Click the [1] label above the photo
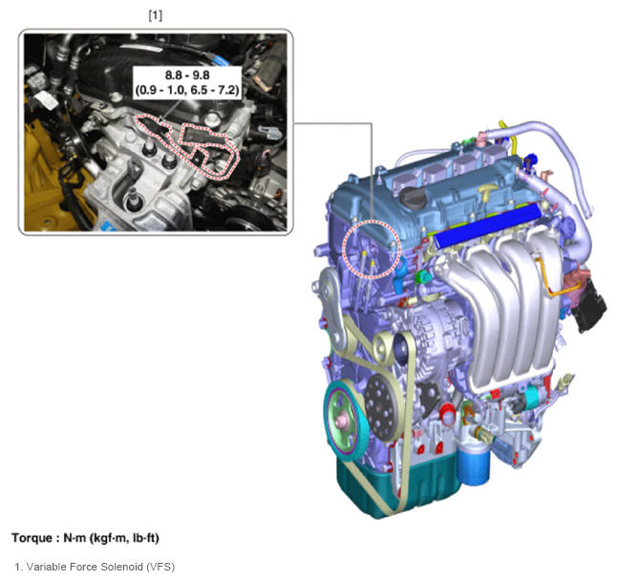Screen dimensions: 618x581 tap(156, 16)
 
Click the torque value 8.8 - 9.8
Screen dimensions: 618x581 tap(187, 75)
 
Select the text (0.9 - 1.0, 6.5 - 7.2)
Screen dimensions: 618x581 tap(187, 91)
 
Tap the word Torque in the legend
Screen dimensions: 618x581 tap(32, 538)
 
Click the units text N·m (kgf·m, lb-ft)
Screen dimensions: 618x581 tap(111, 538)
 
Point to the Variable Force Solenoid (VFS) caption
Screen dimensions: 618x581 tap(95, 567)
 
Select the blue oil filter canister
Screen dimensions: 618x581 tap(474, 464)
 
